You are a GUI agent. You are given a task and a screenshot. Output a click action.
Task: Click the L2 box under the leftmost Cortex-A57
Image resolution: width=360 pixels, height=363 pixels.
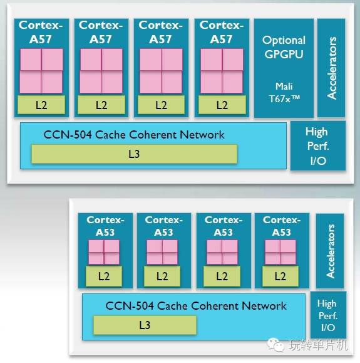(x=41, y=105)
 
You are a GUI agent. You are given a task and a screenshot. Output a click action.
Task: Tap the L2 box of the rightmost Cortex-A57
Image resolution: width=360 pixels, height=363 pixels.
(x=222, y=105)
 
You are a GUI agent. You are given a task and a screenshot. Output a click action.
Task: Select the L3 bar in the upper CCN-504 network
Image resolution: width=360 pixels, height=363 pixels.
(x=134, y=154)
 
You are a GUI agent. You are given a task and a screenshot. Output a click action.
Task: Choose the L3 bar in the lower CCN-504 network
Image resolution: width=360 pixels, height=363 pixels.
(x=145, y=325)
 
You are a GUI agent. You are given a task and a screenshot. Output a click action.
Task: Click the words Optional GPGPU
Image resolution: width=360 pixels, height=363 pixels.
(x=284, y=48)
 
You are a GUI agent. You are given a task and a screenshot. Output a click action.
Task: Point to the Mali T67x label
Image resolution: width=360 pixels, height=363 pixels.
(x=284, y=93)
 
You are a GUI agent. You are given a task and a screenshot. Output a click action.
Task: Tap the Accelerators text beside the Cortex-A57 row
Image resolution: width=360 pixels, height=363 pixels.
(x=332, y=68)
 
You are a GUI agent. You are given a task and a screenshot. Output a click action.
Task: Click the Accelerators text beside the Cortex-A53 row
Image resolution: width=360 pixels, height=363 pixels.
(x=330, y=251)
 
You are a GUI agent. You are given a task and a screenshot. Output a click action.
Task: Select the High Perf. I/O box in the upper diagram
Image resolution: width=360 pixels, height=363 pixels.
(x=318, y=146)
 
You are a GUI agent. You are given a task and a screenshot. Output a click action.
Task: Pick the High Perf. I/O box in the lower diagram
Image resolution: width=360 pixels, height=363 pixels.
(x=328, y=315)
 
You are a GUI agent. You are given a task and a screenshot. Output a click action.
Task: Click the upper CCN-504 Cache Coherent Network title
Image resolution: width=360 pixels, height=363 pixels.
(x=134, y=135)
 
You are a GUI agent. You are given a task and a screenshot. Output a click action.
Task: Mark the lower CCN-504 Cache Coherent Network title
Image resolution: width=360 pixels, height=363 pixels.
(x=196, y=306)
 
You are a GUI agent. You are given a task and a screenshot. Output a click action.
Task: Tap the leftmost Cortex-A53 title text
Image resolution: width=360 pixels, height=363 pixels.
(x=105, y=226)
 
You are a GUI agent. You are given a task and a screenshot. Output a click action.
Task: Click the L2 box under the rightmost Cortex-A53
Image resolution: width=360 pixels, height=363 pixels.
(x=280, y=276)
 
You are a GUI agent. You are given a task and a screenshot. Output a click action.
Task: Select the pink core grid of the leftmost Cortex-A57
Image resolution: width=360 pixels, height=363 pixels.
(x=41, y=71)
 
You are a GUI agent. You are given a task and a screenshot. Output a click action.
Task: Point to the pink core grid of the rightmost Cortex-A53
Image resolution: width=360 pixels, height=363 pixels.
(x=280, y=252)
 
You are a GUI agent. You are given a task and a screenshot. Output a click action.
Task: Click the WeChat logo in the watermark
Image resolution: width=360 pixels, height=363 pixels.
(x=275, y=344)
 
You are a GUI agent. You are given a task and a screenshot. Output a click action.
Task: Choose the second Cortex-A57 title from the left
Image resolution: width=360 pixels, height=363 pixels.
(x=101, y=32)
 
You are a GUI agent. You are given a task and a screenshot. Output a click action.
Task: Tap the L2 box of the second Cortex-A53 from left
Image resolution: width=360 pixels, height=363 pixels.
(x=162, y=276)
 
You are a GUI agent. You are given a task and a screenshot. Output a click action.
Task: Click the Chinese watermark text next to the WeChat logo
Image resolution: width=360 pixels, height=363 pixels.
(x=318, y=345)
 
